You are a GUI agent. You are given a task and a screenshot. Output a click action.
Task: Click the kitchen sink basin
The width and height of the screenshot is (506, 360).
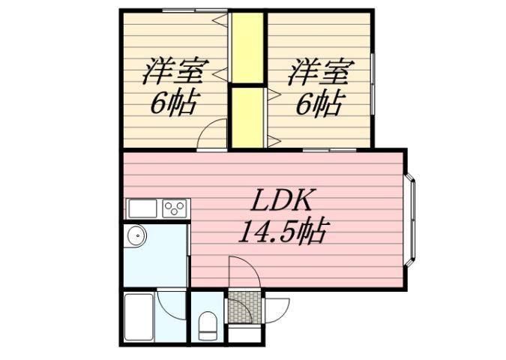pyautogui.click(x=142, y=208)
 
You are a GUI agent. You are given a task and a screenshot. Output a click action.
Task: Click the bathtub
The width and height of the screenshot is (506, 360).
pyautogui.click(x=138, y=316)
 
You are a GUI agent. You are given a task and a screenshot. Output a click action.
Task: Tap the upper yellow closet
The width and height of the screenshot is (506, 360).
pyautogui.click(x=247, y=47)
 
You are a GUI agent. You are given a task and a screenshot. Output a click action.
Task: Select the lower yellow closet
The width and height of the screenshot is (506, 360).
pyautogui.click(x=247, y=118)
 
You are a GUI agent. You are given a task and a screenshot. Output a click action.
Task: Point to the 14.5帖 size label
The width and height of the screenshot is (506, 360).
pyautogui.click(x=281, y=232)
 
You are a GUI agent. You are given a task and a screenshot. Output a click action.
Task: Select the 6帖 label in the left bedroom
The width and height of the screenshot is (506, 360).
pyautogui.click(x=174, y=104)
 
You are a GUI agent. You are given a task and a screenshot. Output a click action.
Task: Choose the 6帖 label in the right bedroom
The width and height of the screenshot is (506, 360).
pyautogui.click(x=319, y=104)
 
